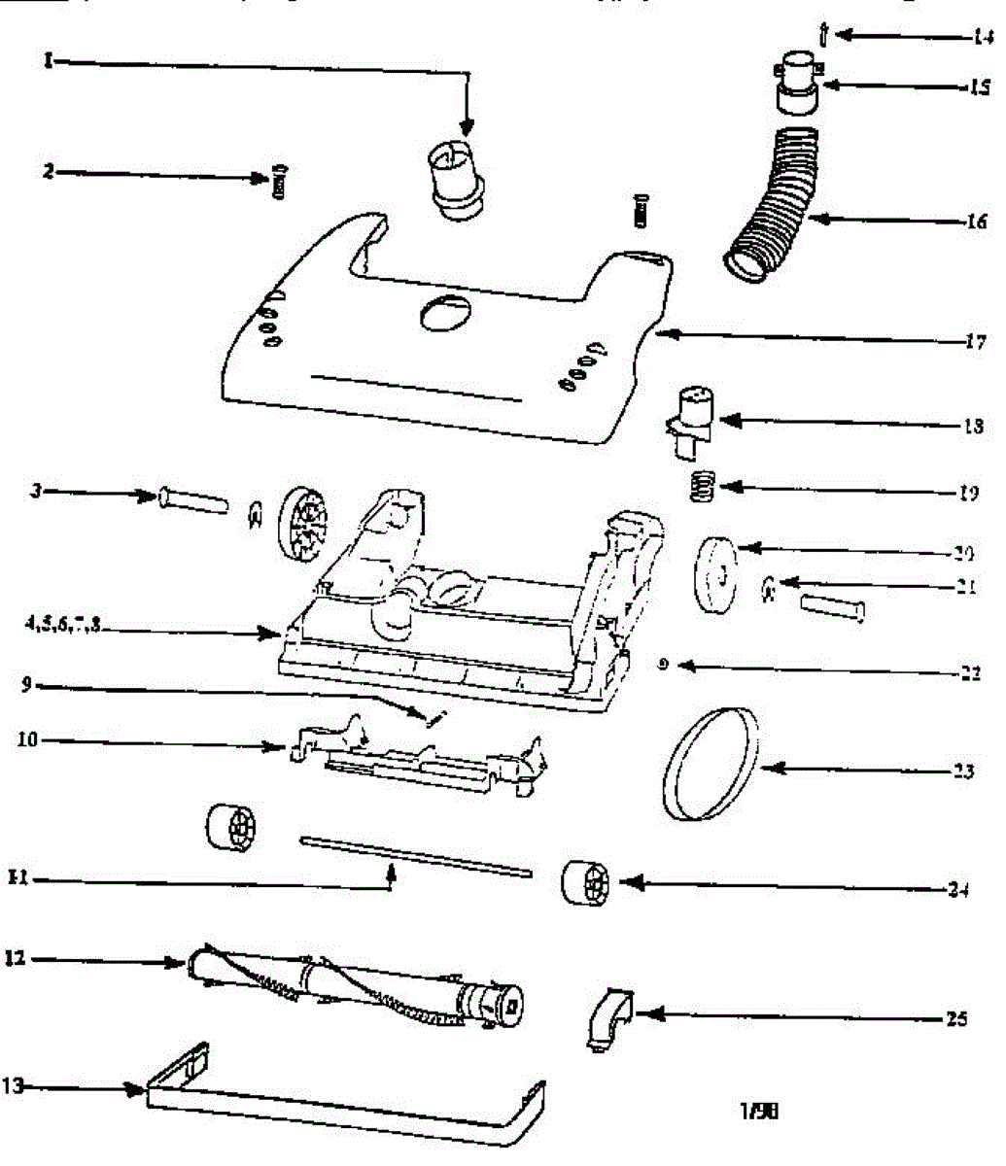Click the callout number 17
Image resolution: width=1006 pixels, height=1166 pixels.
pos(976,341)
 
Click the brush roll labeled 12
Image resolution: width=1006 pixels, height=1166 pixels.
pos(355,985)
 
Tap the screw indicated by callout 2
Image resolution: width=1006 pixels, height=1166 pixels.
pos(281,181)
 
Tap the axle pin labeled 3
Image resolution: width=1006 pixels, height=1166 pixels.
pos(191,500)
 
